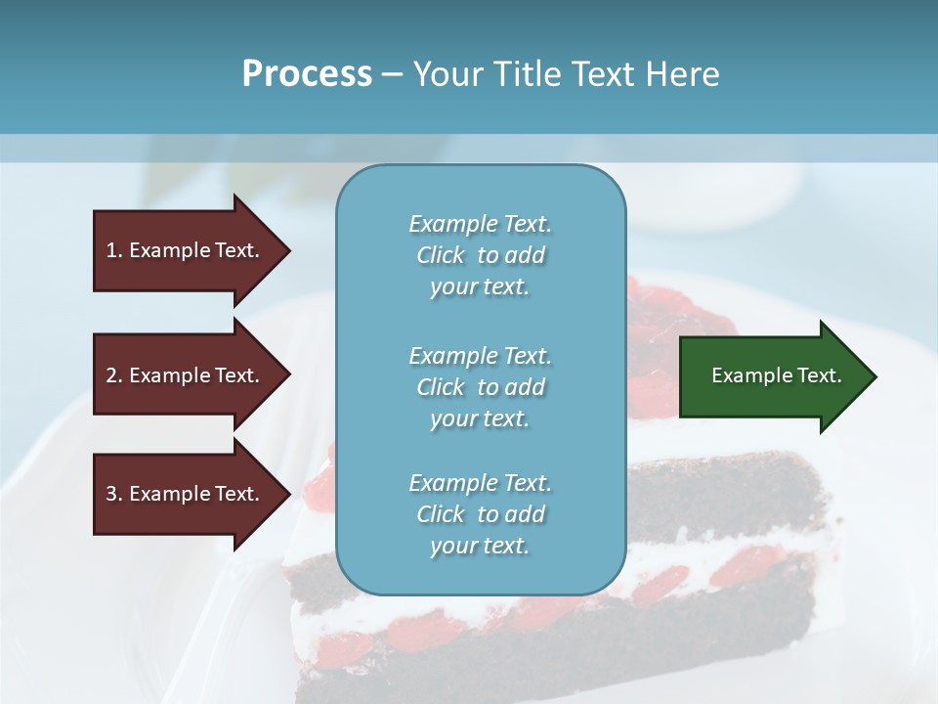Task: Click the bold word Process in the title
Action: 307,74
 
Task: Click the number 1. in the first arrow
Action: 114,250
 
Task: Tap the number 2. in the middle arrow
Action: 114,375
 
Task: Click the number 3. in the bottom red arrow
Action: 114,494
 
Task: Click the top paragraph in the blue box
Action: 480,255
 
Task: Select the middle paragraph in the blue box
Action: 480,387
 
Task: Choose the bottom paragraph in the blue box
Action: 480,514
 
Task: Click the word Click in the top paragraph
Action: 440,255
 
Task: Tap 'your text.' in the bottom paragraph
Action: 480,546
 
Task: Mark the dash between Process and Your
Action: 393,74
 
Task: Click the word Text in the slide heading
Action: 606,74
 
